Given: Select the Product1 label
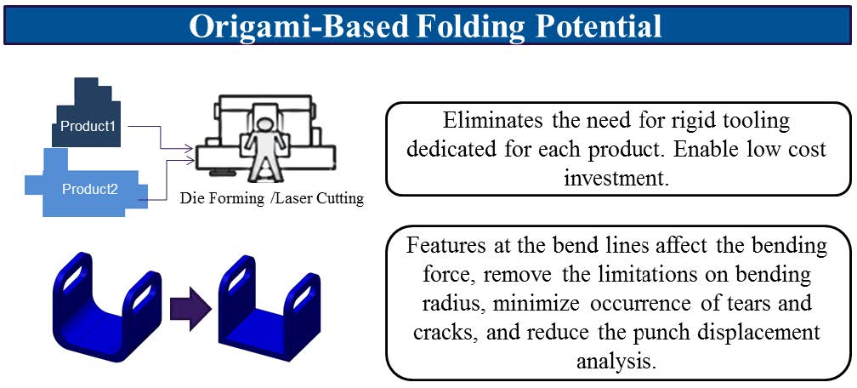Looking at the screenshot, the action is [x=88, y=126].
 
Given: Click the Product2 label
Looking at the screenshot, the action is [x=90, y=190].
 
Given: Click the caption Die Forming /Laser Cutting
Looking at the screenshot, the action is [x=272, y=198].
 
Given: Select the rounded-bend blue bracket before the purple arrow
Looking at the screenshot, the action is [x=107, y=306].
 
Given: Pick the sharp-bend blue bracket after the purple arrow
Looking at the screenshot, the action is [x=270, y=308].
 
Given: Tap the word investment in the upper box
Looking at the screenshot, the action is [x=616, y=179].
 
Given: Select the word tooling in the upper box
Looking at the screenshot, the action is [x=754, y=123].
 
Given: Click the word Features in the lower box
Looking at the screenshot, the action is [x=446, y=245].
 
